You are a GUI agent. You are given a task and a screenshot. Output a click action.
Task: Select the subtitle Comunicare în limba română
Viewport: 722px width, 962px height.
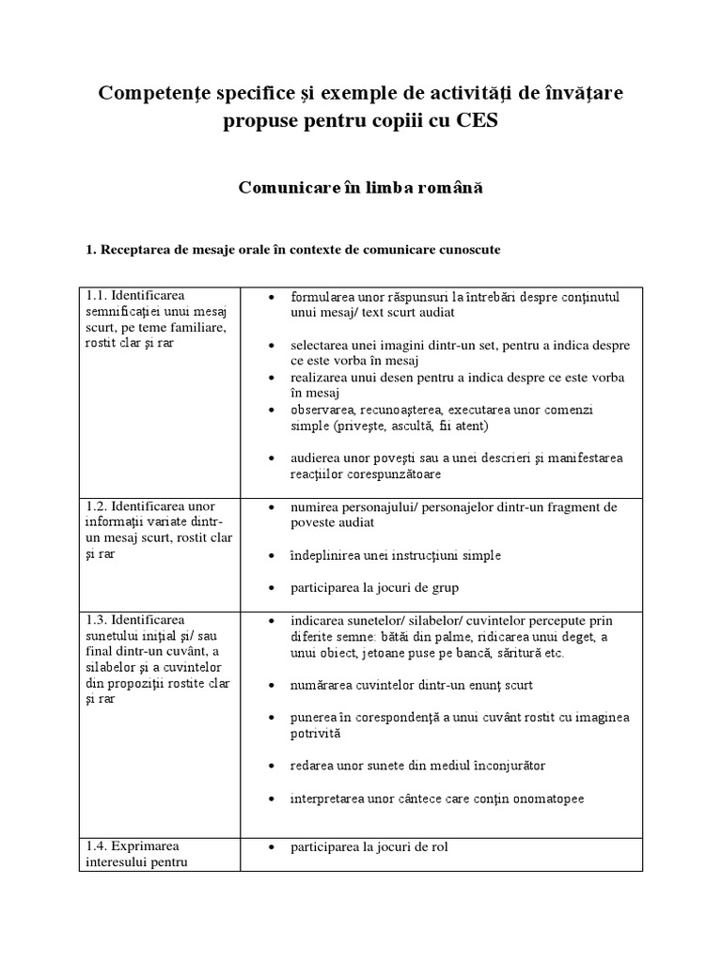360,187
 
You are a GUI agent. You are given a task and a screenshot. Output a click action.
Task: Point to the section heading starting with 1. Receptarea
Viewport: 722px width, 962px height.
293,250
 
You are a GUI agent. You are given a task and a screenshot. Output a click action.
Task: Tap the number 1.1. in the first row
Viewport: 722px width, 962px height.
97,296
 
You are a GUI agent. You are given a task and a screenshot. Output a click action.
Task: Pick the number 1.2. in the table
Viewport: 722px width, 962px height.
97,507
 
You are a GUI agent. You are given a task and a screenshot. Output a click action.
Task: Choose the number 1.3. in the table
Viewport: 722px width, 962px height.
97,620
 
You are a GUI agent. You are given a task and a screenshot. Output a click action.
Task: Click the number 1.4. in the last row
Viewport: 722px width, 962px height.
97,846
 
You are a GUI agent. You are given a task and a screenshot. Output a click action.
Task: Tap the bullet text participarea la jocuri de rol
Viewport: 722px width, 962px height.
369,846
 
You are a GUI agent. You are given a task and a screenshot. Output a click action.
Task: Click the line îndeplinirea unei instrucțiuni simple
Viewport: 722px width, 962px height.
396,555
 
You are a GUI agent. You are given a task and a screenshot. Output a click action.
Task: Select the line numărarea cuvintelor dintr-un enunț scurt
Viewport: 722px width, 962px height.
412,684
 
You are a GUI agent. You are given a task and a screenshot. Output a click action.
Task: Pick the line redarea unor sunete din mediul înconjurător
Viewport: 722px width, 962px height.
417,766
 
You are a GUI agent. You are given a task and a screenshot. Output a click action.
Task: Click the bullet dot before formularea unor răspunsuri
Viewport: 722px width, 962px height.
272,297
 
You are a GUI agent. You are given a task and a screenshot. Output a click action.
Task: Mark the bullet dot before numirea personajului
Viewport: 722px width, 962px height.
272,507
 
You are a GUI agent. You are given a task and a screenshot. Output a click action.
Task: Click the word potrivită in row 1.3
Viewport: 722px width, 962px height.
317,733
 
